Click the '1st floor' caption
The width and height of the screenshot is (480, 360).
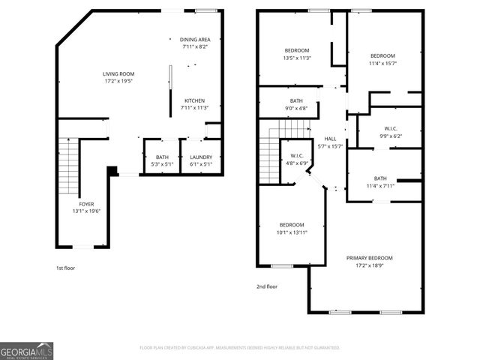click(65, 268)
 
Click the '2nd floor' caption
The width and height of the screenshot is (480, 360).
click(267, 286)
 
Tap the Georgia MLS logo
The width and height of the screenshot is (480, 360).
click(27, 350)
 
